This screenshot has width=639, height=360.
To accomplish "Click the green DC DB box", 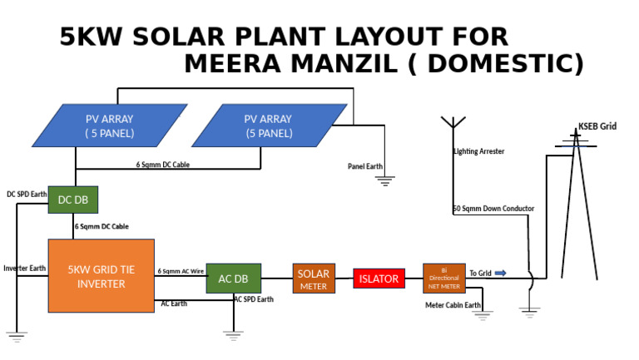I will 73,200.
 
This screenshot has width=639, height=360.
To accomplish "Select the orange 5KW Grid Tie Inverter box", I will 101,276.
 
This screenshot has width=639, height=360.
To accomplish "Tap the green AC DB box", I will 233,279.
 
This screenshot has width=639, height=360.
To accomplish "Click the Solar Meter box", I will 314,279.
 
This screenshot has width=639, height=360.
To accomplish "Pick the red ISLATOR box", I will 379,279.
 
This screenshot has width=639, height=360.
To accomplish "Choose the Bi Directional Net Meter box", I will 443,279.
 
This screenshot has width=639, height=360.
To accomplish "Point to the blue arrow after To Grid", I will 500,273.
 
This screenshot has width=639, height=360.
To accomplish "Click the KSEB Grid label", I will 597,126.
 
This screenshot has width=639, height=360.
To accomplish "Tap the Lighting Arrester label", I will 478,151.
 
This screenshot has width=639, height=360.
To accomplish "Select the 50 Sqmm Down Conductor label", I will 493,209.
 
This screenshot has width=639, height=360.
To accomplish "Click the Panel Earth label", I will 364,166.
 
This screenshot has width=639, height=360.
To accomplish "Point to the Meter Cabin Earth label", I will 453,305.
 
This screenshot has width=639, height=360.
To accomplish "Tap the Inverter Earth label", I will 24,269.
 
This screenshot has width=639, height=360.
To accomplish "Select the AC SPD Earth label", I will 253,299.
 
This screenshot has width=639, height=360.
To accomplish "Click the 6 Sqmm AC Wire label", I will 181,271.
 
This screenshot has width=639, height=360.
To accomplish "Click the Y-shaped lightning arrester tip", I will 453,122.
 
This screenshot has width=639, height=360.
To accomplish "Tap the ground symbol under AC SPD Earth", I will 233,334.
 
